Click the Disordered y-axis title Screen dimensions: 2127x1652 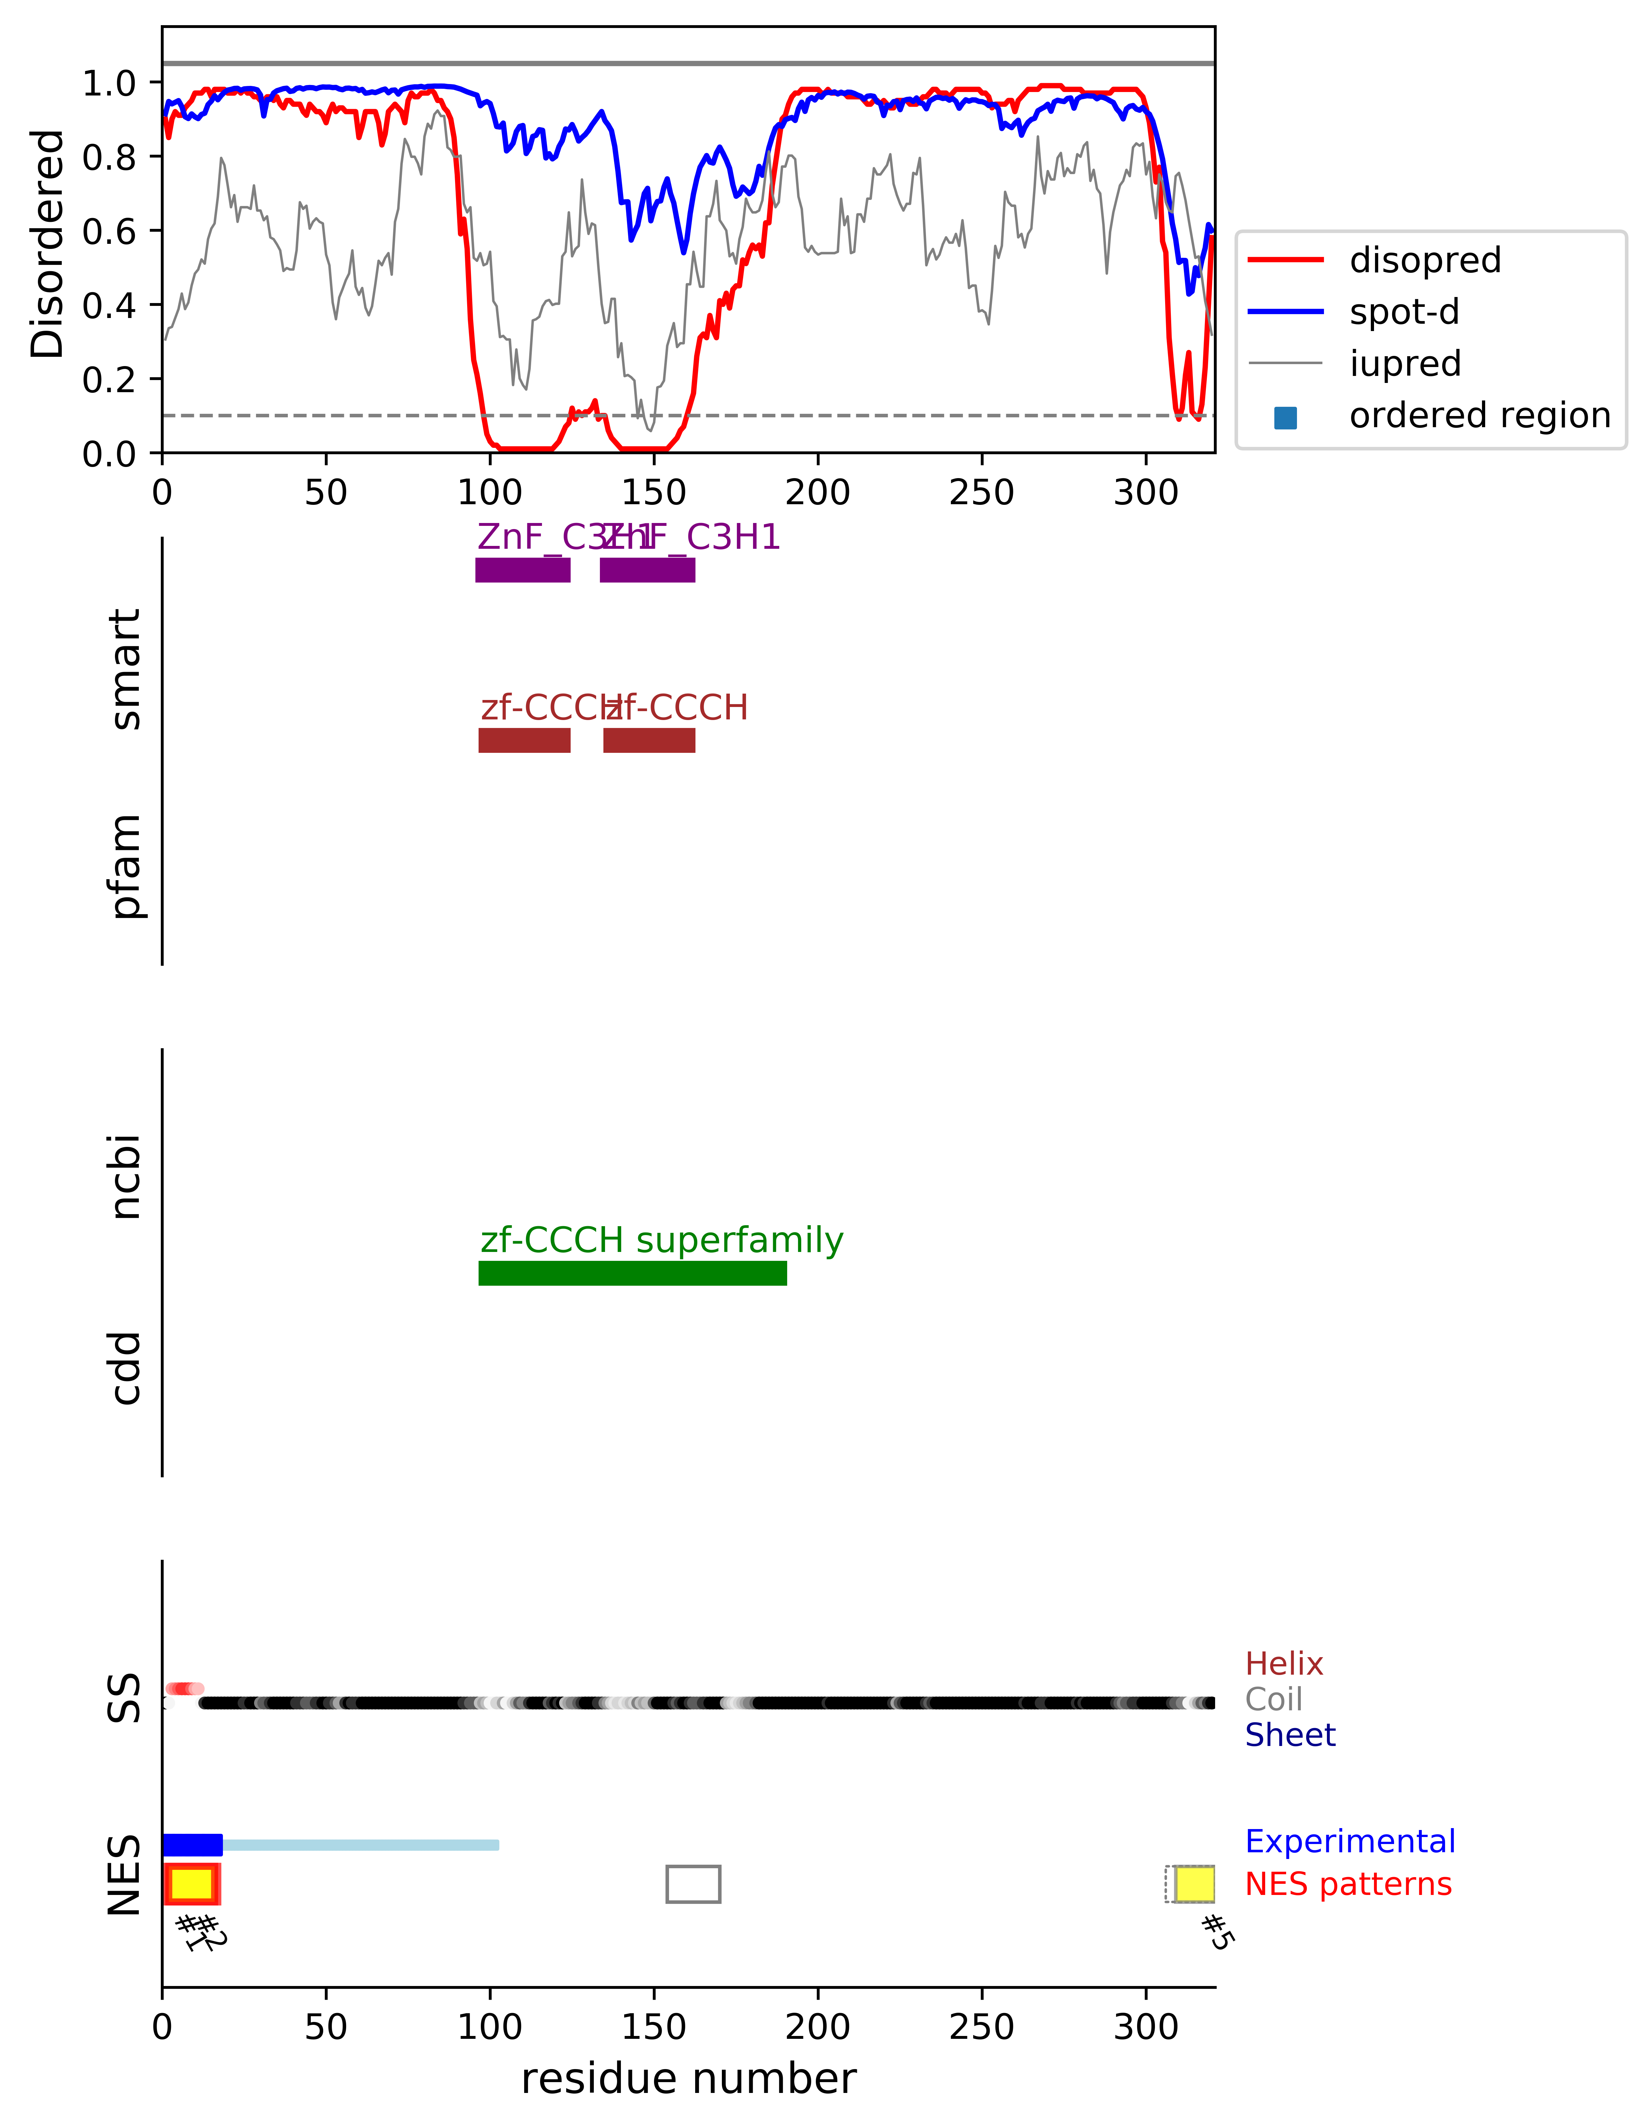(x=47, y=244)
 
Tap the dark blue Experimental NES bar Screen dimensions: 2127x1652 (x=193, y=1845)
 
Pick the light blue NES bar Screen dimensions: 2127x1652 (x=360, y=1845)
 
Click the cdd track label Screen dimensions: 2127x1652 (x=126, y=1368)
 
